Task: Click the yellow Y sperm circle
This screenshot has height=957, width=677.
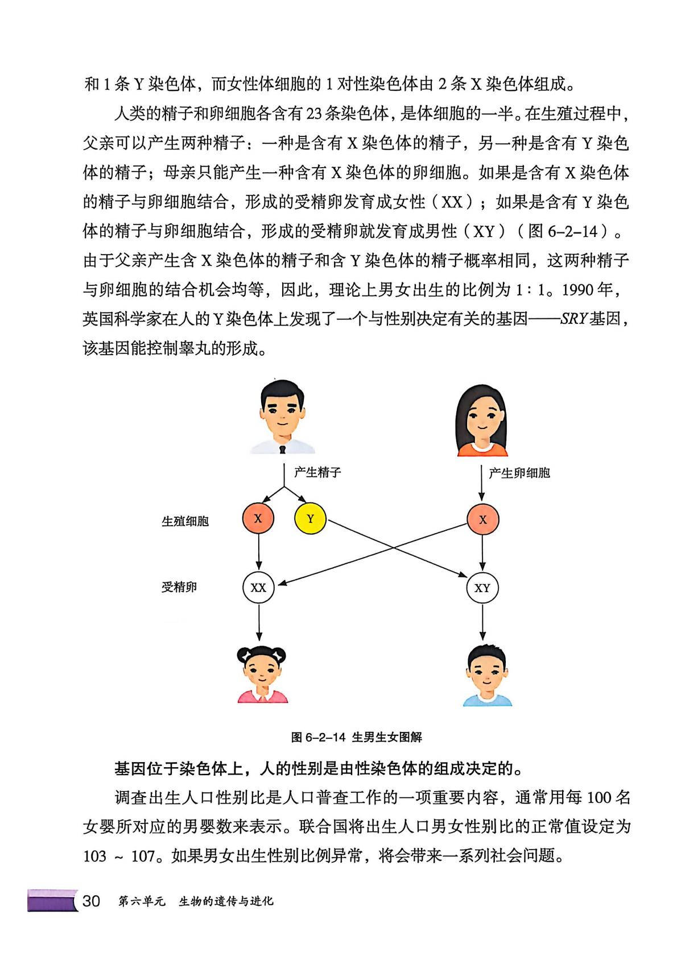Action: pyautogui.click(x=311, y=518)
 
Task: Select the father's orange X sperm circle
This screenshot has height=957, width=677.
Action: pyautogui.click(x=258, y=518)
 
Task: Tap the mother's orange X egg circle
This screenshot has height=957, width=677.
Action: pyautogui.click(x=482, y=519)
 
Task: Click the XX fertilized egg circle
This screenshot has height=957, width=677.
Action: pyautogui.click(x=258, y=588)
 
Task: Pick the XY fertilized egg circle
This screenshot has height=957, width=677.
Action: pyautogui.click(x=482, y=588)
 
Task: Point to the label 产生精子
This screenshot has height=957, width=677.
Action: pyautogui.click(x=317, y=472)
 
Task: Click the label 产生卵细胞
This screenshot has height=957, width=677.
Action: pyautogui.click(x=519, y=473)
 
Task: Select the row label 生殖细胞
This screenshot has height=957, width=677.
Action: pyautogui.click(x=185, y=521)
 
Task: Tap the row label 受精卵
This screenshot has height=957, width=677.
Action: pyautogui.click(x=179, y=587)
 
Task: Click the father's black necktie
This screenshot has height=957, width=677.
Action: pyautogui.click(x=282, y=449)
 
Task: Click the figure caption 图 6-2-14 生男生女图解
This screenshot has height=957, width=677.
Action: pyautogui.click(x=356, y=737)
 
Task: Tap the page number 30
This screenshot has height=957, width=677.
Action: pyautogui.click(x=91, y=901)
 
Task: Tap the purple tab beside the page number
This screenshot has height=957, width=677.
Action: pyautogui.click(x=51, y=901)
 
